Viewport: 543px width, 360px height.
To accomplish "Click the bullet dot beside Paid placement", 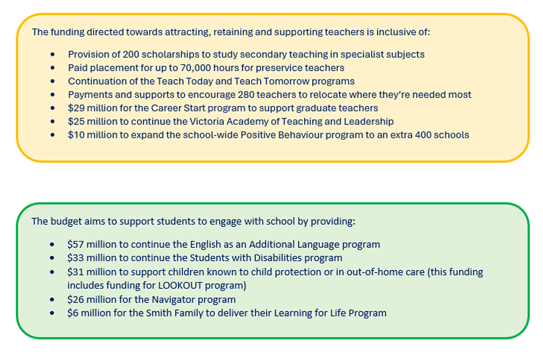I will (52, 68).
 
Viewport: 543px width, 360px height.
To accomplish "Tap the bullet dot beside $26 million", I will (52, 299).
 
